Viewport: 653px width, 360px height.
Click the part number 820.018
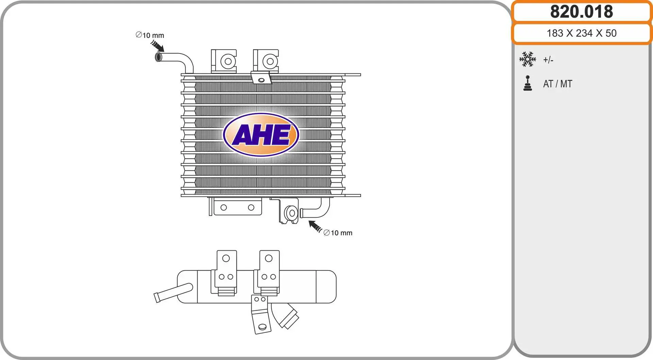(x=582, y=12)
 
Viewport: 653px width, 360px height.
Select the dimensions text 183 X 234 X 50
(x=582, y=33)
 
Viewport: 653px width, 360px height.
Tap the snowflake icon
(x=528, y=59)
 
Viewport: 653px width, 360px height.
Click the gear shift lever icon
(x=528, y=83)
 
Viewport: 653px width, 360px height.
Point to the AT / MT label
(x=557, y=84)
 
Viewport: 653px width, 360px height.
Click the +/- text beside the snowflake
(x=548, y=60)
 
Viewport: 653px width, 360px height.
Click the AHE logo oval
(x=261, y=135)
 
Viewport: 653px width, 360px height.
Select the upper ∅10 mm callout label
(x=150, y=35)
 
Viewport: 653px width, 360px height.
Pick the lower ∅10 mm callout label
(x=338, y=233)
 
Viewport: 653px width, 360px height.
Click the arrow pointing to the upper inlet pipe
(x=157, y=46)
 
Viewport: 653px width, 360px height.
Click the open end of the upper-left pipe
(x=158, y=57)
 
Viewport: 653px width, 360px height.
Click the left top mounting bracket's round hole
(x=228, y=62)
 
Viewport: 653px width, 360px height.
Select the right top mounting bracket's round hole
(x=270, y=61)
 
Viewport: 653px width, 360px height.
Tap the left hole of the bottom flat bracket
(x=223, y=208)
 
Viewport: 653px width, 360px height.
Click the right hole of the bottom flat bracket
(x=251, y=208)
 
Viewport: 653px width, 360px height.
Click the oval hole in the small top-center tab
(x=261, y=80)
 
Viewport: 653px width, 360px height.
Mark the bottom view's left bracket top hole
(x=226, y=259)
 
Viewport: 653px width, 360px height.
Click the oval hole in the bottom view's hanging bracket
(x=262, y=327)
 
